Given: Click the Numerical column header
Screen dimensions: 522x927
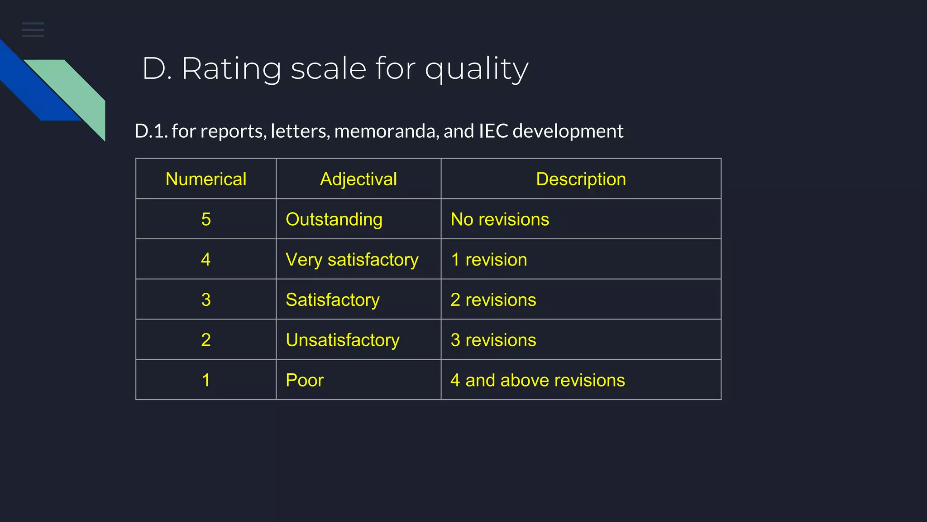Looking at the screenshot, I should (x=206, y=179).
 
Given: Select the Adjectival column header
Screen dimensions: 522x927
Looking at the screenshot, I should (x=358, y=179).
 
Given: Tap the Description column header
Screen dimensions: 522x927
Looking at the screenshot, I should (x=581, y=179).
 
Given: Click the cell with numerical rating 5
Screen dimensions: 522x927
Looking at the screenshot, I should (x=206, y=219).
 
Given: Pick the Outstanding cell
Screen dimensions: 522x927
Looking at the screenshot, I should (x=334, y=219).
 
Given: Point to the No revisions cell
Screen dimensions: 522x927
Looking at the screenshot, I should (x=500, y=219).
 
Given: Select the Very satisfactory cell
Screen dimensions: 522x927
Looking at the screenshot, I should (x=352, y=260).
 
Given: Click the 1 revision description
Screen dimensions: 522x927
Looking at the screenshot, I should (x=489, y=260).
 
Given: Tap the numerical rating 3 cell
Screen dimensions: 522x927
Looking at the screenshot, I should (x=206, y=300).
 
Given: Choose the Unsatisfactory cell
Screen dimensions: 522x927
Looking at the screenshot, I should (x=343, y=340).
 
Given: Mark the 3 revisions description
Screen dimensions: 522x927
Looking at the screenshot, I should (x=493, y=340).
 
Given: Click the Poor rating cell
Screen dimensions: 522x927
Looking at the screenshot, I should (x=305, y=380).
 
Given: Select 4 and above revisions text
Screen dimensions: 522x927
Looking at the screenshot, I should (x=538, y=380).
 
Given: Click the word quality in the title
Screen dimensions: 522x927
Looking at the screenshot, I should (x=477, y=69).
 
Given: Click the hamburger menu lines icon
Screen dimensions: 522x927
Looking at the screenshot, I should (x=33, y=29).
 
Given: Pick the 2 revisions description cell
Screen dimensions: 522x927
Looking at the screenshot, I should (x=493, y=300).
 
